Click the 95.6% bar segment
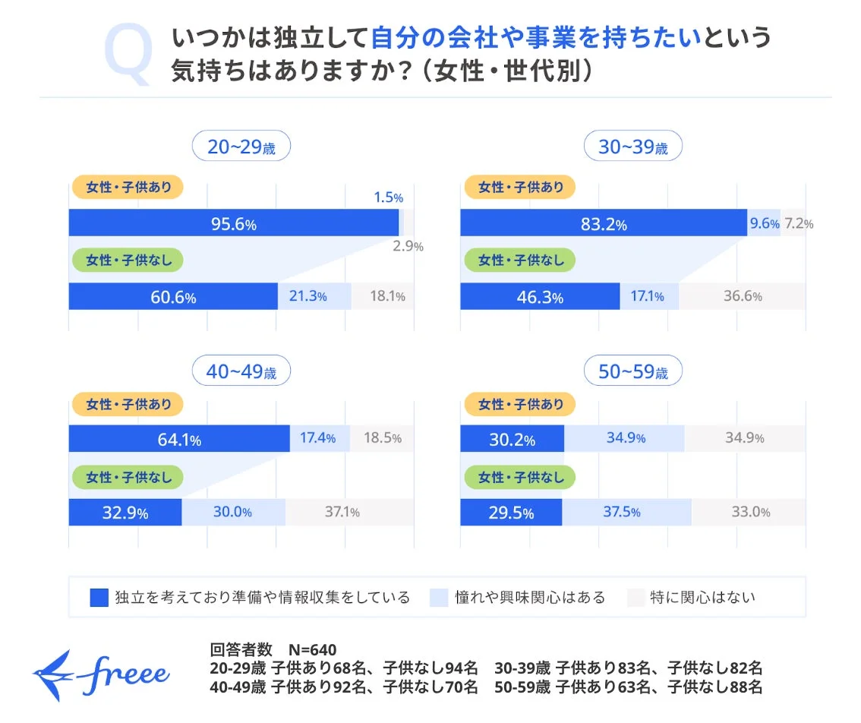click(233, 223)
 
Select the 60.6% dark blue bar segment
click(173, 296)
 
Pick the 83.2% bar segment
click(604, 223)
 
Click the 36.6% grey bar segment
click(742, 296)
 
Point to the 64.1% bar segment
click(179, 438)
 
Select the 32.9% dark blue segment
click(125, 512)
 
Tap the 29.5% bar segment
click(511, 512)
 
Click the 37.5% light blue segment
click(626, 512)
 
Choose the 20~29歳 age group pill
click(241, 147)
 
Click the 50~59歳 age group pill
click(633, 372)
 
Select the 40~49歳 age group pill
click(241, 372)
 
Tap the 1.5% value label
click(388, 197)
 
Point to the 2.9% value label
click(408, 246)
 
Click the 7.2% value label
click(799, 223)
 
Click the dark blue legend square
click(99, 597)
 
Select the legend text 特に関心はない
click(702, 597)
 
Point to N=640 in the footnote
click(312, 649)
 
